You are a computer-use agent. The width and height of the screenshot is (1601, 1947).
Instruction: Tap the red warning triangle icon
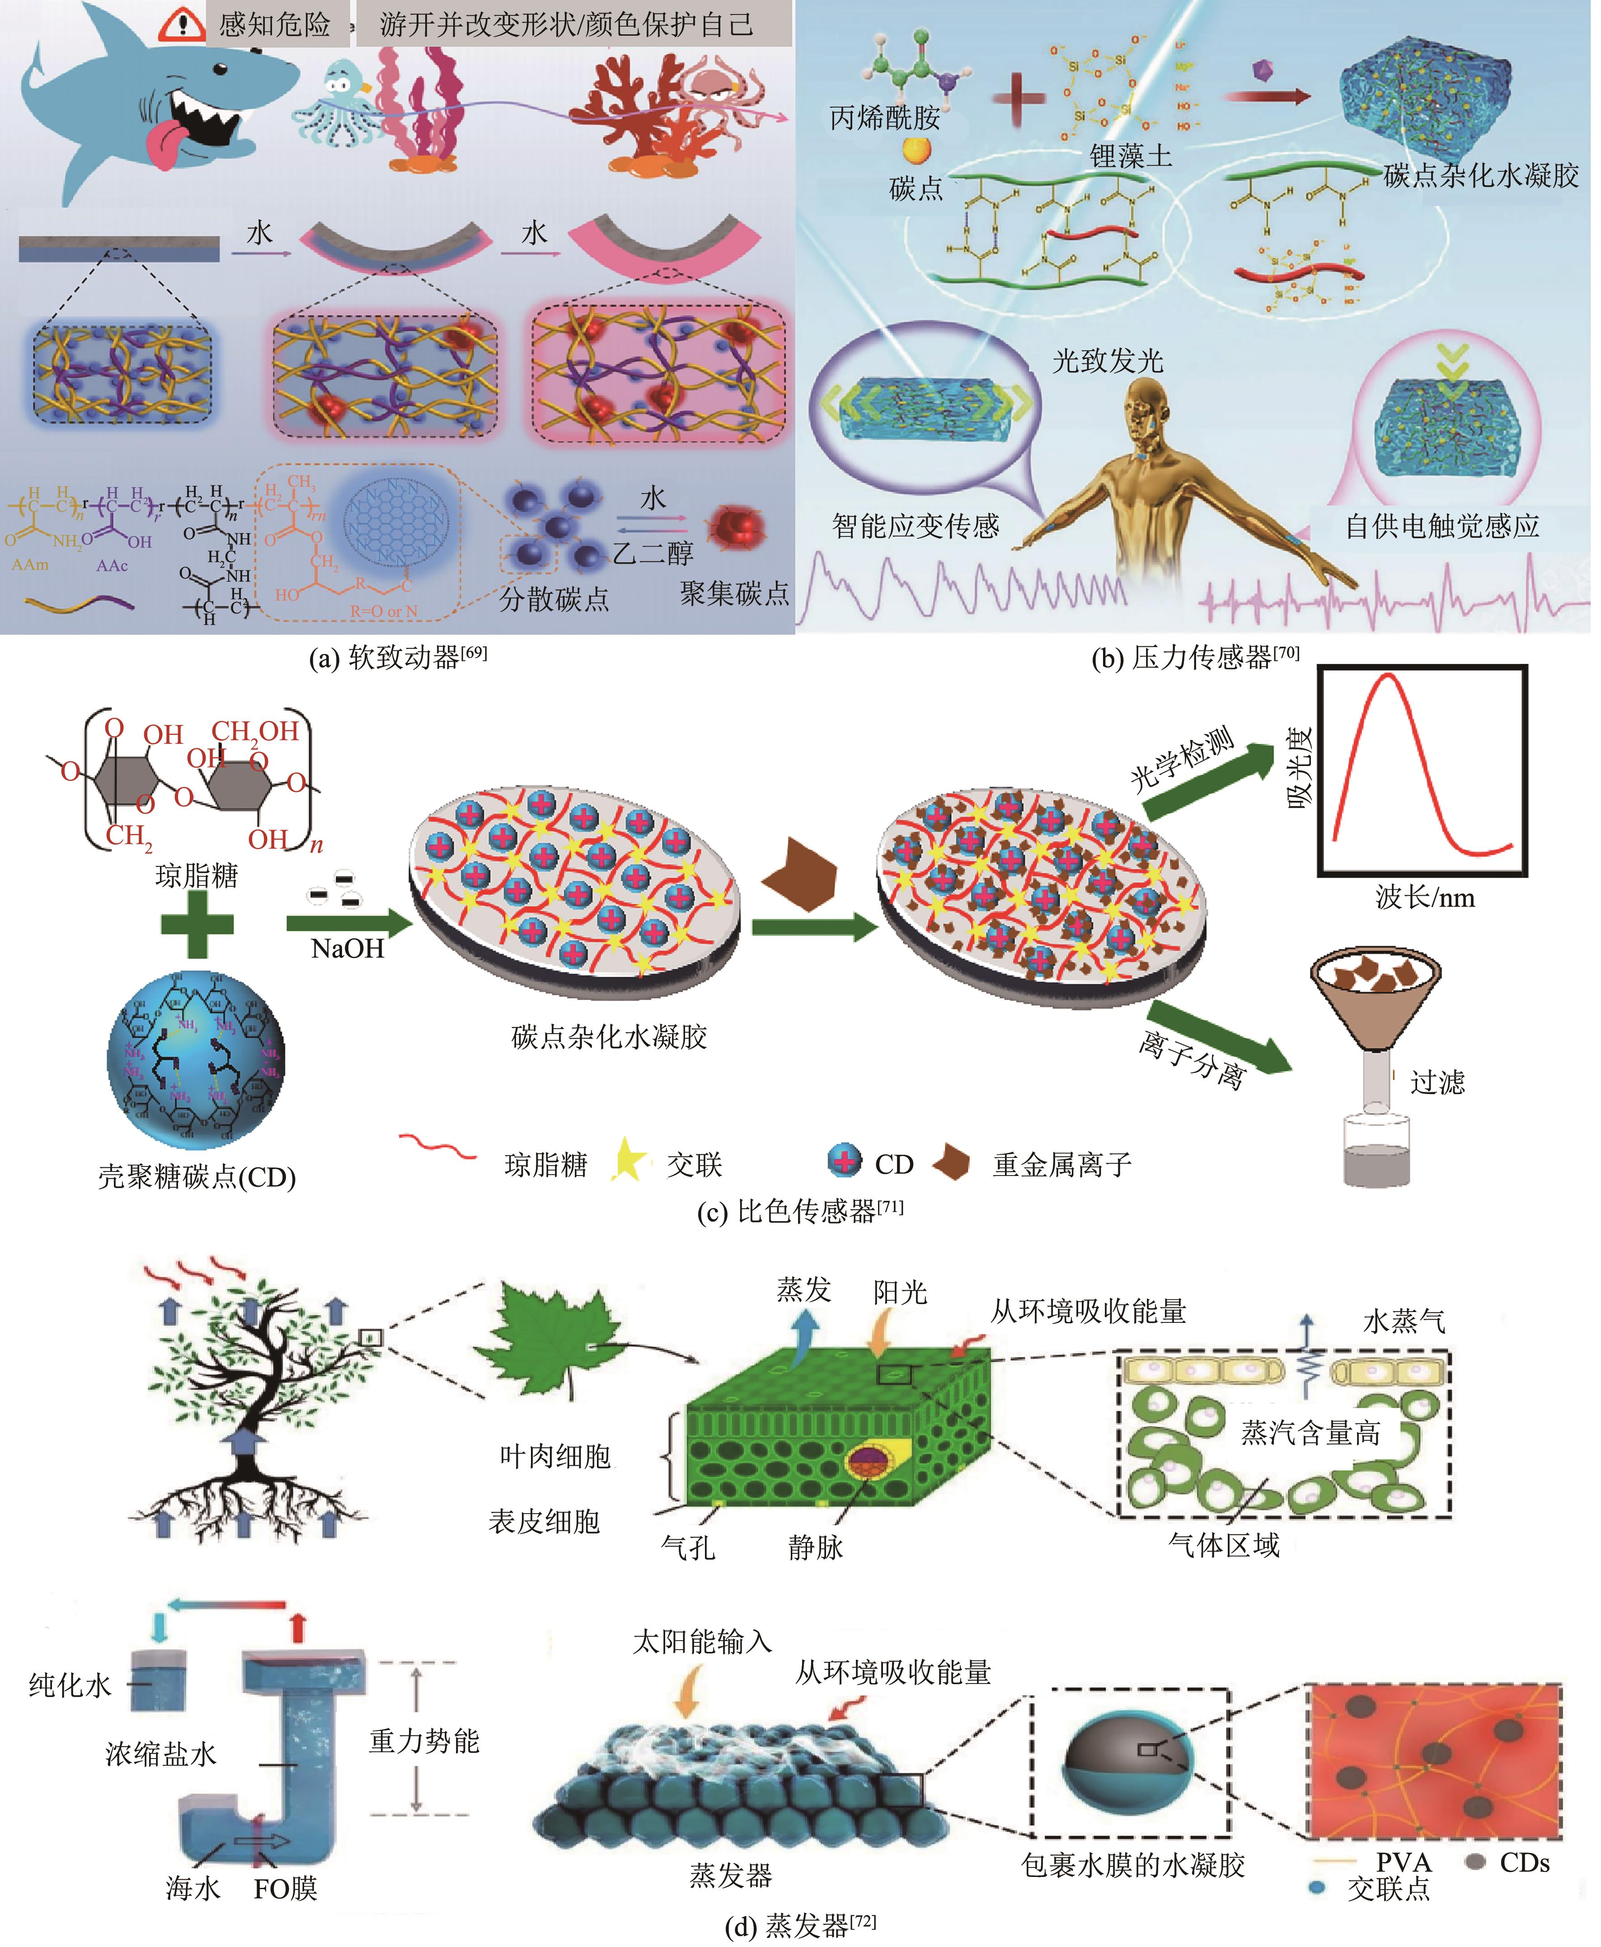[181, 25]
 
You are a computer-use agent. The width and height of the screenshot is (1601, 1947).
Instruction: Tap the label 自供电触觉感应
[1441, 526]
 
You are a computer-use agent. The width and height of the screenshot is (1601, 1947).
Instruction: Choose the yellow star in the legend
[628, 1160]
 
